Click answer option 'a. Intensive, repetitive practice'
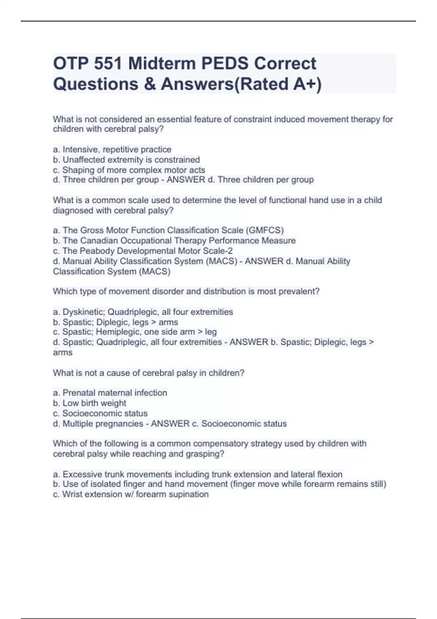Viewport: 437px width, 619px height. click(112, 150)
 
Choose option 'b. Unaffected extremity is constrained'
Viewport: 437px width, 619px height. click(126, 160)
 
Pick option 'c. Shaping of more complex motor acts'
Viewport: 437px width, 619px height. click(129, 170)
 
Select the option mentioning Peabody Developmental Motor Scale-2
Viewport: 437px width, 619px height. click(143, 251)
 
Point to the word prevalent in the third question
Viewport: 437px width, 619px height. click(299, 291)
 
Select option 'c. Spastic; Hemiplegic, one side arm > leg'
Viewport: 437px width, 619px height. click(135, 332)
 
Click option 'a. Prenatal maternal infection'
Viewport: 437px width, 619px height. click(110, 393)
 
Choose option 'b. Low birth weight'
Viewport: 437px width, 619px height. click(90, 403)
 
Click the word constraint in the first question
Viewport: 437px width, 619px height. click(252, 119)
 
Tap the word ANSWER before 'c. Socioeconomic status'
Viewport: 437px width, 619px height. click(170, 424)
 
